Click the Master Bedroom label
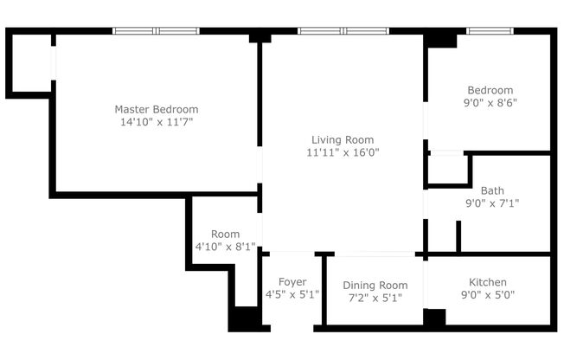tap(157, 109)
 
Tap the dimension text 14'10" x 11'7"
tap(157, 122)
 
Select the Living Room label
tap(343, 139)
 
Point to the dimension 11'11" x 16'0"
tap(343, 152)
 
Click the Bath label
tap(492, 190)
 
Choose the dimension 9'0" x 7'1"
tap(492, 203)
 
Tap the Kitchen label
tap(488, 282)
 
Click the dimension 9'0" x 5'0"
tap(488, 295)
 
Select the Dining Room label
tap(375, 286)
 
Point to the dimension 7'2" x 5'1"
tap(375, 299)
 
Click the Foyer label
tap(292, 282)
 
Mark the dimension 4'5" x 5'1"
tap(292, 295)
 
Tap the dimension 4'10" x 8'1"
tap(225, 247)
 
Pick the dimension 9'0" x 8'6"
tap(490, 102)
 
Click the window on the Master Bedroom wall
tap(157, 31)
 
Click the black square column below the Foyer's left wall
tap(245, 318)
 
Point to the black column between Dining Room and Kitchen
tap(434, 317)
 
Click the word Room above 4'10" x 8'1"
tap(225, 234)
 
